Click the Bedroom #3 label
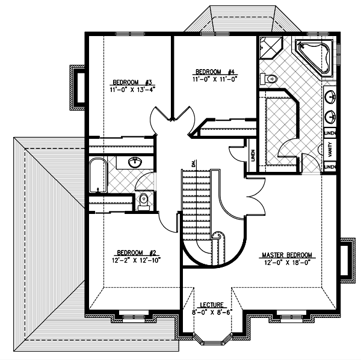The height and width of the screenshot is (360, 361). (132, 82)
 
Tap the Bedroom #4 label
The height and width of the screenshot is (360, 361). (215, 72)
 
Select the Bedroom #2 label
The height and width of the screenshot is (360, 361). (137, 253)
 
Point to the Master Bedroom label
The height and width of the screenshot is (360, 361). (287, 255)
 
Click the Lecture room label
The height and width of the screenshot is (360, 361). (212, 305)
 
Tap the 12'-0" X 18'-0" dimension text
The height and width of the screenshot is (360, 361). (288, 263)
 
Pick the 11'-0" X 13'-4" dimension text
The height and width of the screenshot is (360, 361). (132, 90)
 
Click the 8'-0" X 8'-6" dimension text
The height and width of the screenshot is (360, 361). (212, 312)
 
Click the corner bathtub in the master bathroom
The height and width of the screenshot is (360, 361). (314, 56)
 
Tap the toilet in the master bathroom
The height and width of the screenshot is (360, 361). (268, 79)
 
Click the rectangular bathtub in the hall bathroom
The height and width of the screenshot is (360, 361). (98, 175)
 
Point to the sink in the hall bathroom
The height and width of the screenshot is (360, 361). (135, 163)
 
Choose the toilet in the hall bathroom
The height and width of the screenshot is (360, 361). (144, 202)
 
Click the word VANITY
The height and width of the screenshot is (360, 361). (330, 149)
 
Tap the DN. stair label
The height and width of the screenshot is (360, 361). (193, 163)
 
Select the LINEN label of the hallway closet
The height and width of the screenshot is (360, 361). (253, 156)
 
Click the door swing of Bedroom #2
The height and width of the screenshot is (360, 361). (167, 223)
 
